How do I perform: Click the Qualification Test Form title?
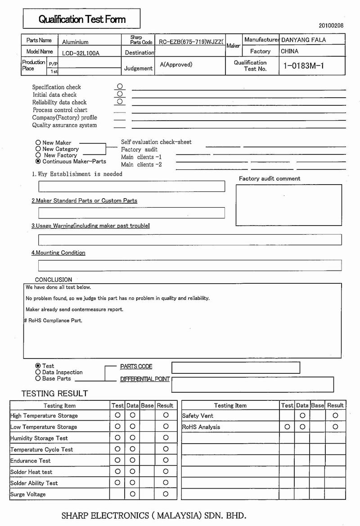(82, 19)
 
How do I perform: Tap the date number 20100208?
(331, 26)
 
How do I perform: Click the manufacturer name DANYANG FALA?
(303, 40)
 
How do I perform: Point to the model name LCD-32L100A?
(81, 53)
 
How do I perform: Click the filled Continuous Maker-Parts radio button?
(38, 161)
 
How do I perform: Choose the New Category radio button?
(38, 149)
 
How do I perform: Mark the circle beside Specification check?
(120, 86)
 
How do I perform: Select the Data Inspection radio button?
(38, 372)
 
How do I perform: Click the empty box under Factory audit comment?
(288, 205)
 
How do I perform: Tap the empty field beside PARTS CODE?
(235, 367)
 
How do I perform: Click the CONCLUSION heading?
(54, 280)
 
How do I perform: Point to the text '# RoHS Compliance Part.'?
(53, 321)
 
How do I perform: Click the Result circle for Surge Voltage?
(166, 494)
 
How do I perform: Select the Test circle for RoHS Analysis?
(287, 426)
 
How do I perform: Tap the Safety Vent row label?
(198, 416)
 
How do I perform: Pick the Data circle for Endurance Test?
(132, 460)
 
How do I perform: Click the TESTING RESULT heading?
(54, 394)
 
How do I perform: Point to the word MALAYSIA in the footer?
(178, 515)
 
